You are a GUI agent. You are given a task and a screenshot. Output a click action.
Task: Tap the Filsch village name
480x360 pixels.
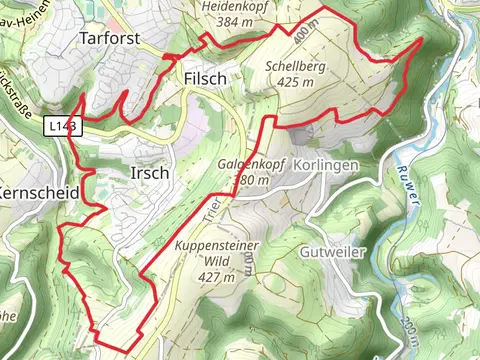[x=206, y=77]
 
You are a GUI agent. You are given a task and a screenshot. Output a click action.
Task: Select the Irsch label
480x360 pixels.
[x=149, y=173]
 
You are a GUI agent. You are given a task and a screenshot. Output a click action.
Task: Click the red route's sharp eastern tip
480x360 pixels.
[x=422, y=38]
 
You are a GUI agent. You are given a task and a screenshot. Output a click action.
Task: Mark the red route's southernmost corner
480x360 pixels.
[x=127, y=350]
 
